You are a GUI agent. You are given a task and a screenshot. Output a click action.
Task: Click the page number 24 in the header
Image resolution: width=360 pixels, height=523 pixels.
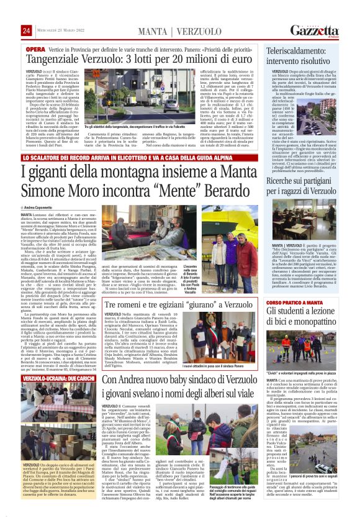[x=26, y=30]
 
